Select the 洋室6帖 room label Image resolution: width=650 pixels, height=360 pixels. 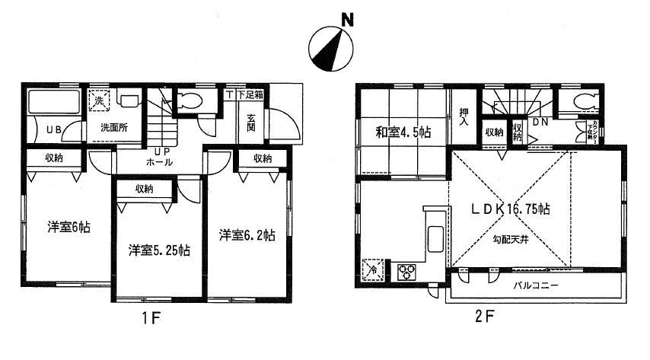65,226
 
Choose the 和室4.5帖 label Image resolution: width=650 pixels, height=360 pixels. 403,132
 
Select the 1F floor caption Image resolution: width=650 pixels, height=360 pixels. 150,315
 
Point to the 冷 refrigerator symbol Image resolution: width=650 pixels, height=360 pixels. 373,268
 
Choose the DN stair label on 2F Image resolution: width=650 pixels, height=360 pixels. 541,122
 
